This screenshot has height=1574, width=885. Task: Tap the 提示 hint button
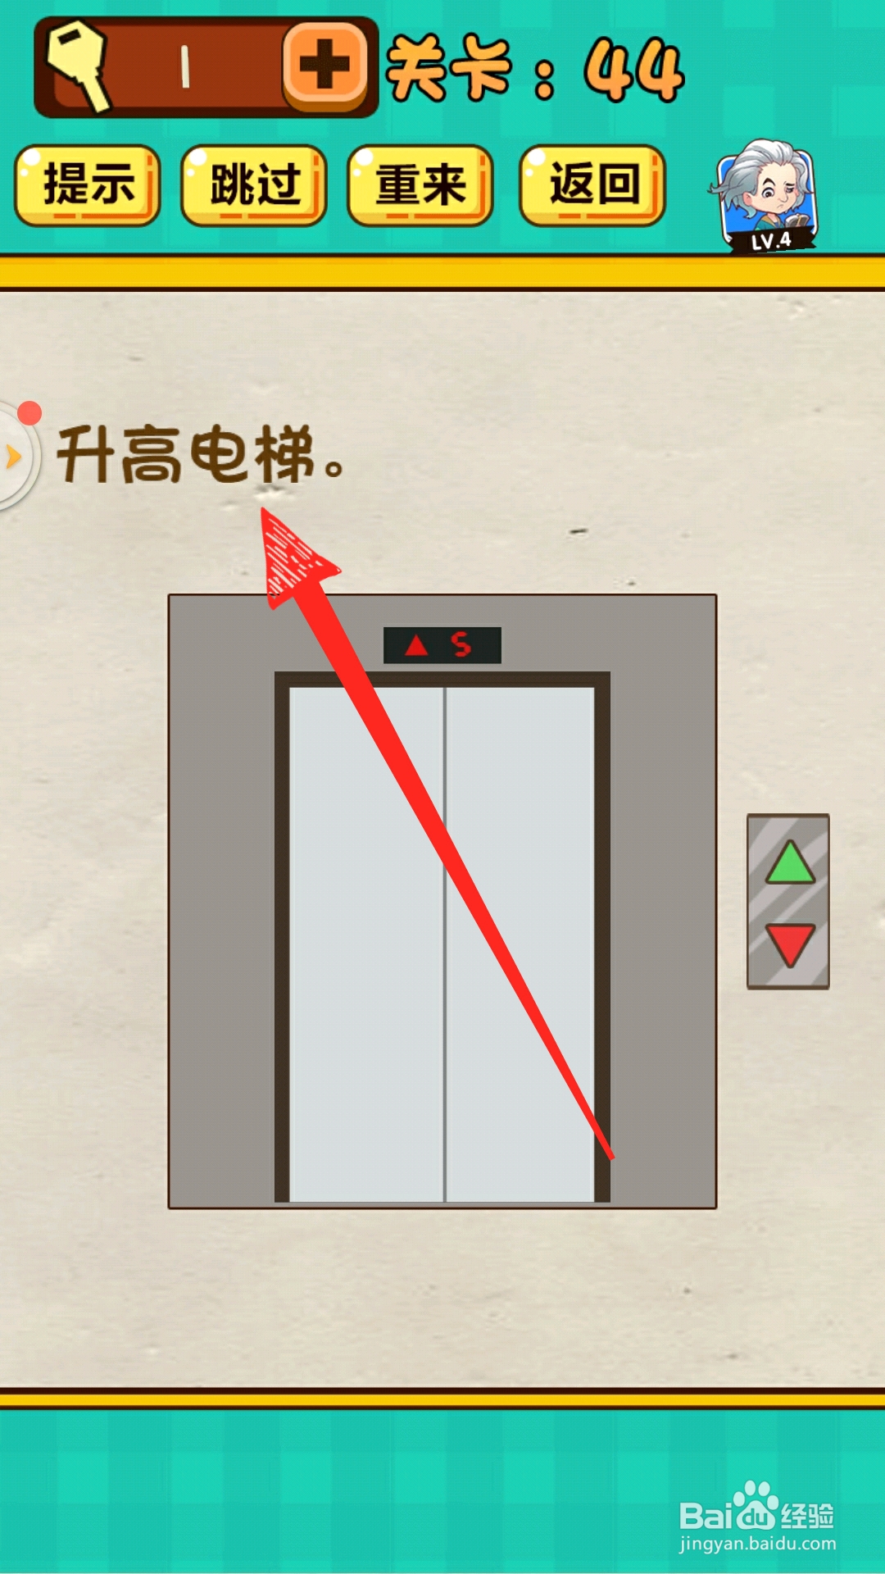coord(87,184)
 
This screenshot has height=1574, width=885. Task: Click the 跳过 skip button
coord(254,184)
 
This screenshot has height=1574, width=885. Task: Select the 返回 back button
coord(592,184)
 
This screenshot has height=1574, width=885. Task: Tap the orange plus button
coord(325,65)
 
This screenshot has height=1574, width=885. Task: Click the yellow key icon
coord(77,66)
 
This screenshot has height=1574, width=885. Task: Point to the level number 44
coord(633,71)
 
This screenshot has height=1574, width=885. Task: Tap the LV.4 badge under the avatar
coord(771,240)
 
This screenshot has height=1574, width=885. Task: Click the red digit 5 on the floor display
coord(461,645)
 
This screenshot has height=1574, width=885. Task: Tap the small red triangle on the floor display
coord(417,646)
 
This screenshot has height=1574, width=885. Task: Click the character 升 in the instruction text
coord(87,454)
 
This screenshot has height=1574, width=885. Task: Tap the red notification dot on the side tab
coord(29,413)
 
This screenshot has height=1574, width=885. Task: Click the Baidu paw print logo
coord(755,1507)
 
